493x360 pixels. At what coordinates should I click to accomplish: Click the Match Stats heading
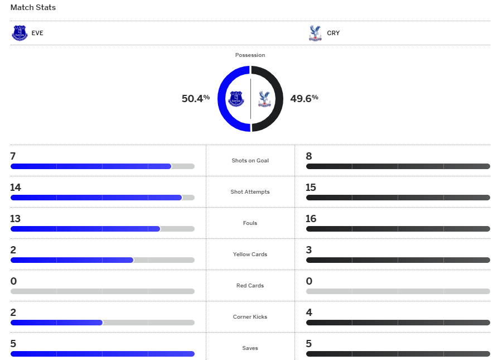pyautogui.click(x=33, y=8)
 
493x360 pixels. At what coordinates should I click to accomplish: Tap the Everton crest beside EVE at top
pyautogui.click(x=20, y=33)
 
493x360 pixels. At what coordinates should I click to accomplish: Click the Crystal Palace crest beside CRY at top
pyautogui.click(x=315, y=33)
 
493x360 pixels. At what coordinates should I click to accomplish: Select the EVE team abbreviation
pyautogui.click(x=37, y=33)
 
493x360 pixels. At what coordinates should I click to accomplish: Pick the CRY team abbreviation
pyautogui.click(x=333, y=33)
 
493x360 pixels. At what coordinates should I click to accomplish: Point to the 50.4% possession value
pyautogui.click(x=195, y=99)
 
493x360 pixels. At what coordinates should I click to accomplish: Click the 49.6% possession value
pyautogui.click(x=304, y=99)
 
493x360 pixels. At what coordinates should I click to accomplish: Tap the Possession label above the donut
pyautogui.click(x=250, y=55)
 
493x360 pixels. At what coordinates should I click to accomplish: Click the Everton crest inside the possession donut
pyautogui.click(x=238, y=99)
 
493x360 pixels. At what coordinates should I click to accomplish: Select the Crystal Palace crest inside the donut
pyautogui.click(x=263, y=99)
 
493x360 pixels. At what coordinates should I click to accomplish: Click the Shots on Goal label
pyautogui.click(x=250, y=161)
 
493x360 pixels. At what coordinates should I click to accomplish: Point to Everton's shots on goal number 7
pyautogui.click(x=13, y=156)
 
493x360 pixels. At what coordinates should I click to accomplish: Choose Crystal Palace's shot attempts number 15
pyautogui.click(x=311, y=188)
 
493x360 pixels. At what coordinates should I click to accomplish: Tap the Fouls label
pyautogui.click(x=250, y=223)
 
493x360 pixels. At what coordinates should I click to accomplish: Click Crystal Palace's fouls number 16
pyautogui.click(x=311, y=219)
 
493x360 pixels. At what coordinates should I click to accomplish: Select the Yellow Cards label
pyautogui.click(x=250, y=255)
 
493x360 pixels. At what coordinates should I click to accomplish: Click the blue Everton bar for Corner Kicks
pyautogui.click(x=56, y=323)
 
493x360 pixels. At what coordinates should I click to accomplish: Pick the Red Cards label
pyautogui.click(x=250, y=286)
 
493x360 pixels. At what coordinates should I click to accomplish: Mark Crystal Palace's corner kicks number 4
pyautogui.click(x=309, y=313)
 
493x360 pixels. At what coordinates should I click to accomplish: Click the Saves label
pyautogui.click(x=250, y=348)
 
